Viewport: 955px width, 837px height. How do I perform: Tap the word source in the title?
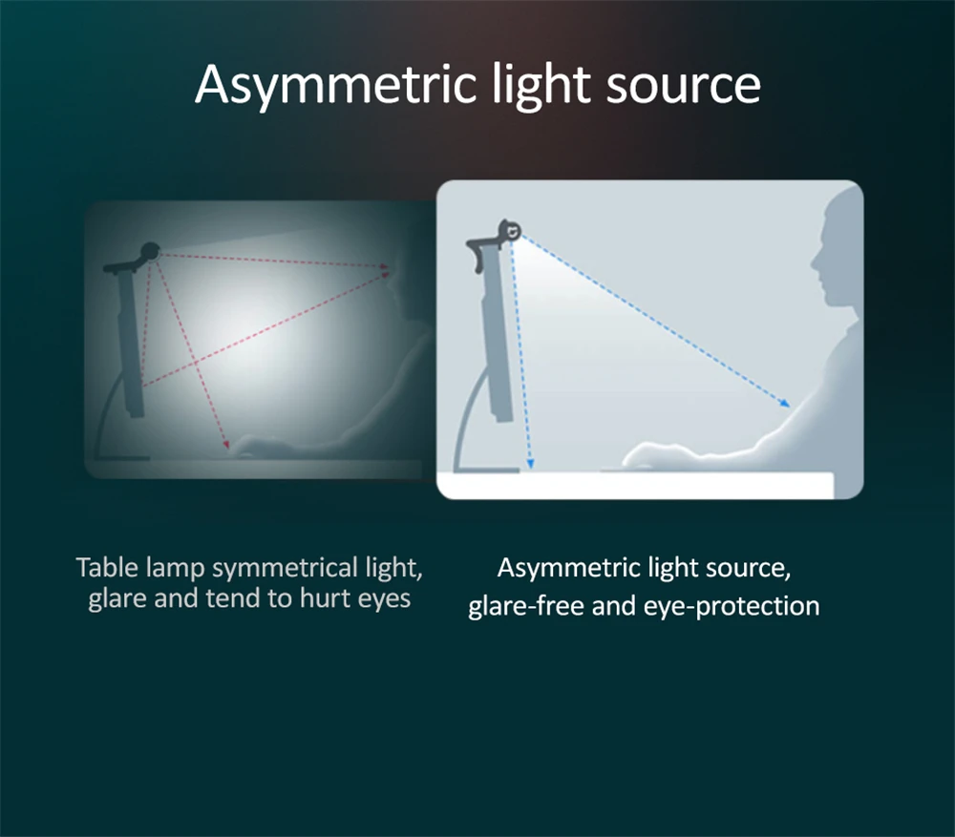pyautogui.click(x=684, y=85)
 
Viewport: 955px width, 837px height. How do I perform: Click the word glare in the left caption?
pyautogui.click(x=117, y=599)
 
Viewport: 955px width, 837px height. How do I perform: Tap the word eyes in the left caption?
pyautogui.click(x=384, y=599)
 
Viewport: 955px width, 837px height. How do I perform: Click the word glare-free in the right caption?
pyautogui.click(x=525, y=606)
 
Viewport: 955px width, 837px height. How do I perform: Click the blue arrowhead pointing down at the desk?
pyautogui.click(x=530, y=463)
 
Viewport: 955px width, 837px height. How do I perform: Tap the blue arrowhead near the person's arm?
pyautogui.click(x=785, y=403)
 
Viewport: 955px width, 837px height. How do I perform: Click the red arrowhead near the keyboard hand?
pyautogui.click(x=226, y=445)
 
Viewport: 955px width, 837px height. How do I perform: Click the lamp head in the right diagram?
pyautogui.click(x=510, y=231)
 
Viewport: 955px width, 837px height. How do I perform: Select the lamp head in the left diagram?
pyautogui.click(x=150, y=251)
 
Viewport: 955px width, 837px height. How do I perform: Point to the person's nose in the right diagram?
pyautogui.click(x=814, y=264)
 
